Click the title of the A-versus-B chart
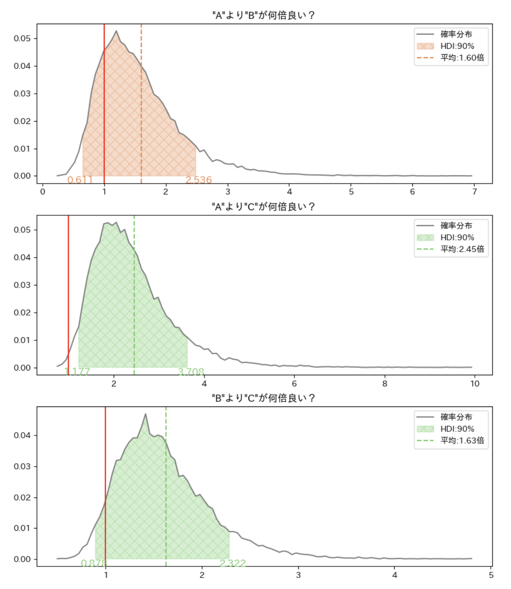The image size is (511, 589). pos(263,15)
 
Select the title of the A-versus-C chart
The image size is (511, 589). pos(263,207)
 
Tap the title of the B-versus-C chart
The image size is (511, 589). pos(263,398)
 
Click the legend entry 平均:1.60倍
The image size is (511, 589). pos(462,58)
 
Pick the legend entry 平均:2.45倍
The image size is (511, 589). pos(462,249)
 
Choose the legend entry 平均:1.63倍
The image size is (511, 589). pos(462,441)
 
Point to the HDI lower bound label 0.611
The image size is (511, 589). pos(80,180)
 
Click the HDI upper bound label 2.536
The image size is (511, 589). pos(199,180)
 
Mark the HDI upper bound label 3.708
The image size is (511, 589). pos(191,372)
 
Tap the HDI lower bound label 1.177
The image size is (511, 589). pos(77,372)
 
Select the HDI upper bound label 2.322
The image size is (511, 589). pos(233,563)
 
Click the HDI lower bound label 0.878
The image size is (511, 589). pos(93,563)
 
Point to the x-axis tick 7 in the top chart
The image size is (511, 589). pos(475,192)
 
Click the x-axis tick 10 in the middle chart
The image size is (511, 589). pos(475,384)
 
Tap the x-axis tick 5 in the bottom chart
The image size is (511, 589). pos(491,575)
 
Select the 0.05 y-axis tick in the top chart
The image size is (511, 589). pos(22,38)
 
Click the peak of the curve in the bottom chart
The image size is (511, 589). pos(145,414)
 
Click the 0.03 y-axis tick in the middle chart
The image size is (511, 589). pos(22,285)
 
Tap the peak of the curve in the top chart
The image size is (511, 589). pos(116,31)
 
